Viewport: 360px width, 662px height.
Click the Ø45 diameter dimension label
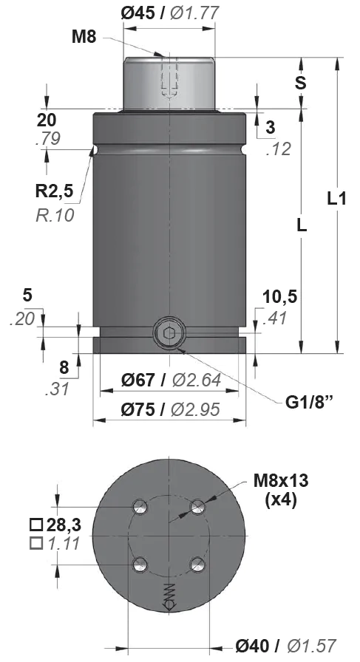(x=137, y=13)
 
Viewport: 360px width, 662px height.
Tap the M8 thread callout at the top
(x=84, y=37)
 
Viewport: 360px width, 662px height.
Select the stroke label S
(x=300, y=83)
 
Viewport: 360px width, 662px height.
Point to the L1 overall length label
(x=337, y=199)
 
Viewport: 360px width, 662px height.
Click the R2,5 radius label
(x=54, y=191)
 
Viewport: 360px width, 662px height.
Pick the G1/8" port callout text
(x=310, y=403)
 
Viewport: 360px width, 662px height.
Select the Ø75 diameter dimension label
(x=137, y=409)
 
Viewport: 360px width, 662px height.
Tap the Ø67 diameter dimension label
(x=137, y=381)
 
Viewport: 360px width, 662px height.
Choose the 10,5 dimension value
(x=280, y=297)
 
